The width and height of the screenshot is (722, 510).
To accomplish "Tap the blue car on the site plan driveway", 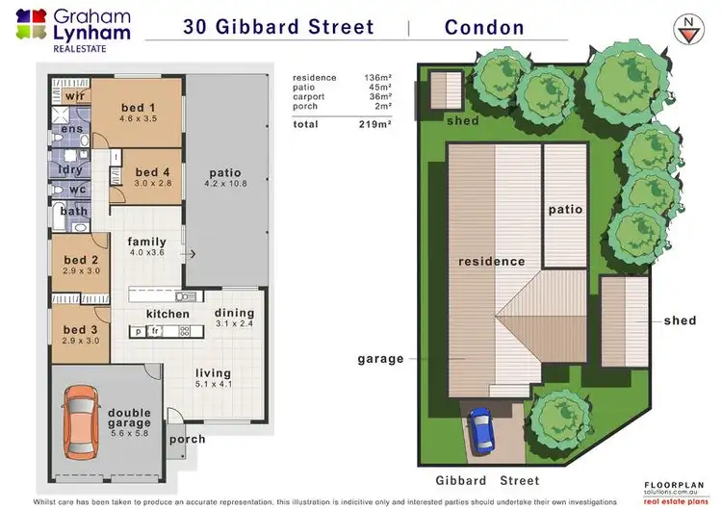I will click(x=479, y=430).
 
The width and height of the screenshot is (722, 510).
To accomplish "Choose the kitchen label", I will click(x=168, y=315).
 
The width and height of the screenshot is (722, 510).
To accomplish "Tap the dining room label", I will click(x=234, y=313).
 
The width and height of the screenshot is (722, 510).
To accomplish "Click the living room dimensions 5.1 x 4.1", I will click(x=214, y=385).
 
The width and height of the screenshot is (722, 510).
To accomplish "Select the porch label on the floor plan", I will click(x=188, y=441).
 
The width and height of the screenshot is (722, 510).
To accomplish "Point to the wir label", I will click(x=74, y=97).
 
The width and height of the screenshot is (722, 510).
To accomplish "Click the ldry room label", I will click(x=70, y=170).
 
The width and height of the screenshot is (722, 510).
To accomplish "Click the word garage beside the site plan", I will click(x=381, y=359).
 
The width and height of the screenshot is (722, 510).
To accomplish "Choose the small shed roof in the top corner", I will click(x=445, y=91).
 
